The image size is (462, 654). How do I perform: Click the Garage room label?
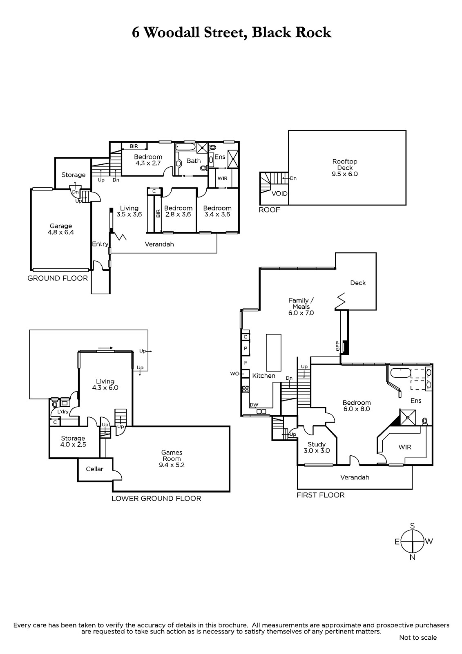(x=61, y=229)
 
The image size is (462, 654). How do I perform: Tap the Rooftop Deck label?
(x=345, y=168)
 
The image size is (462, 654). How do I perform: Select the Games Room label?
(x=172, y=458)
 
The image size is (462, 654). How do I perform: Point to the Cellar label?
(x=94, y=469)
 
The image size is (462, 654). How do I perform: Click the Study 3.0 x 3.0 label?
(x=317, y=447)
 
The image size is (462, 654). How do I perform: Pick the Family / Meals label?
(x=301, y=307)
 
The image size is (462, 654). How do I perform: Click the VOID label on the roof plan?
(x=279, y=194)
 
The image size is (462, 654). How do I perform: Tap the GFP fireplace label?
(x=337, y=346)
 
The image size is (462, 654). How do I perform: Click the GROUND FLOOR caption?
(x=58, y=278)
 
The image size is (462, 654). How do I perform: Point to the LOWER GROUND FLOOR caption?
(x=156, y=498)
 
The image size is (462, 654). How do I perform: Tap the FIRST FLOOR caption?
(x=320, y=495)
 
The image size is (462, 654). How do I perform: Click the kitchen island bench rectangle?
(x=273, y=352)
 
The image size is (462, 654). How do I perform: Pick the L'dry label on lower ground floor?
(x=63, y=412)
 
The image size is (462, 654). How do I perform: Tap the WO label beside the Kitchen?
(x=234, y=374)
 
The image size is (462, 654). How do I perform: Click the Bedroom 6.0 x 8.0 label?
(x=356, y=406)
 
